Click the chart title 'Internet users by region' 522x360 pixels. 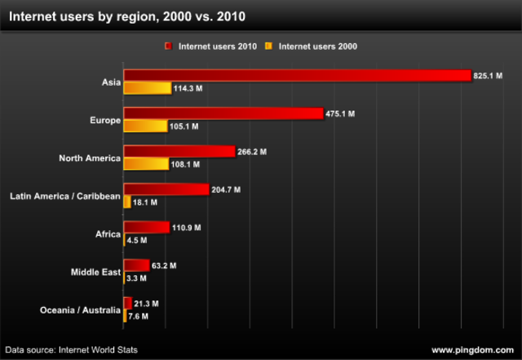tap(126, 16)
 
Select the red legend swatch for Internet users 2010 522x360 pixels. tap(167, 47)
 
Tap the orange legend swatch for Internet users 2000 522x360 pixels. tap(268, 47)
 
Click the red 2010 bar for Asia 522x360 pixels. tap(297, 75)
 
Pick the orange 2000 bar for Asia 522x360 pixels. tap(147, 88)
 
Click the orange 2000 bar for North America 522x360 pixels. tap(146, 164)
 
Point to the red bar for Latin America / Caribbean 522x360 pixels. tap(166, 189)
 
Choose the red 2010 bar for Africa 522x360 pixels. tap(146, 228)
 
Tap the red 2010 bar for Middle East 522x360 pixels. tap(136, 265)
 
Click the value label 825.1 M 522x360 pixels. tap(488, 76)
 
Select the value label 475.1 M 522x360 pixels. tap(340, 114)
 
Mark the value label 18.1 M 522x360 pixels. tap(145, 202)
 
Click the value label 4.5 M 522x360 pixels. tap(138, 241)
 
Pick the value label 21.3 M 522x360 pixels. tap(146, 304)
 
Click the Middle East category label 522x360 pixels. tap(95, 272)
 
